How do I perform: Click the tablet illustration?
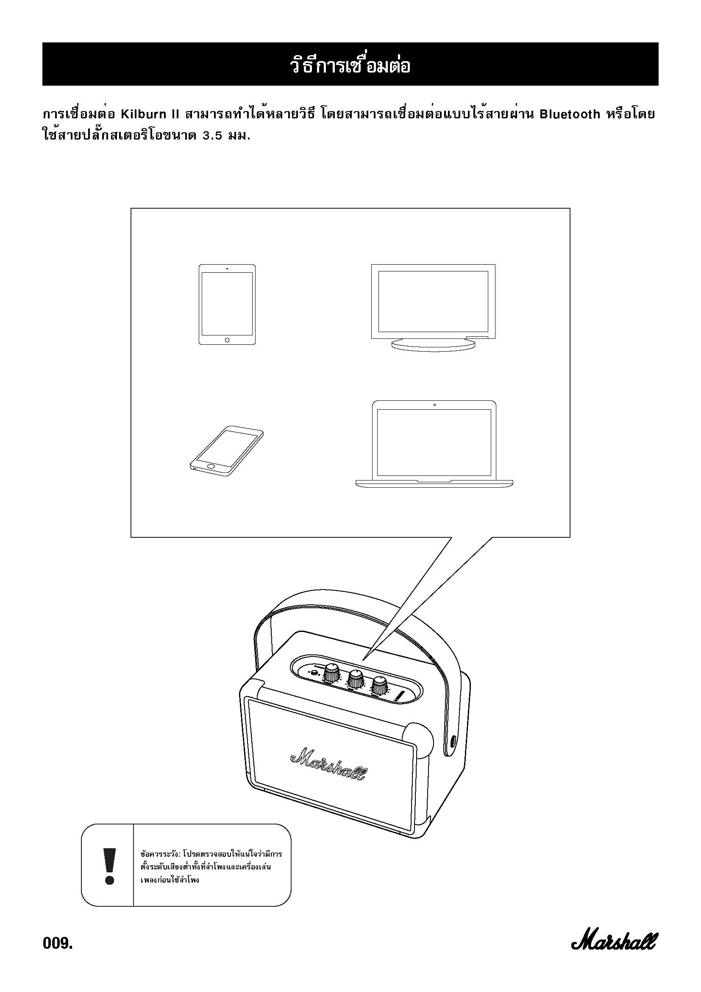coord(227,305)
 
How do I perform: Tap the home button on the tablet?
coord(227,340)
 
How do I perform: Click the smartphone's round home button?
coord(211,466)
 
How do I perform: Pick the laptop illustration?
coord(434,444)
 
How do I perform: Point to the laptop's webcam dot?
coord(434,405)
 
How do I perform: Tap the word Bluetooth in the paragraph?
coord(570,114)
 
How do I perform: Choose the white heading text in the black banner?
coord(350,65)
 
